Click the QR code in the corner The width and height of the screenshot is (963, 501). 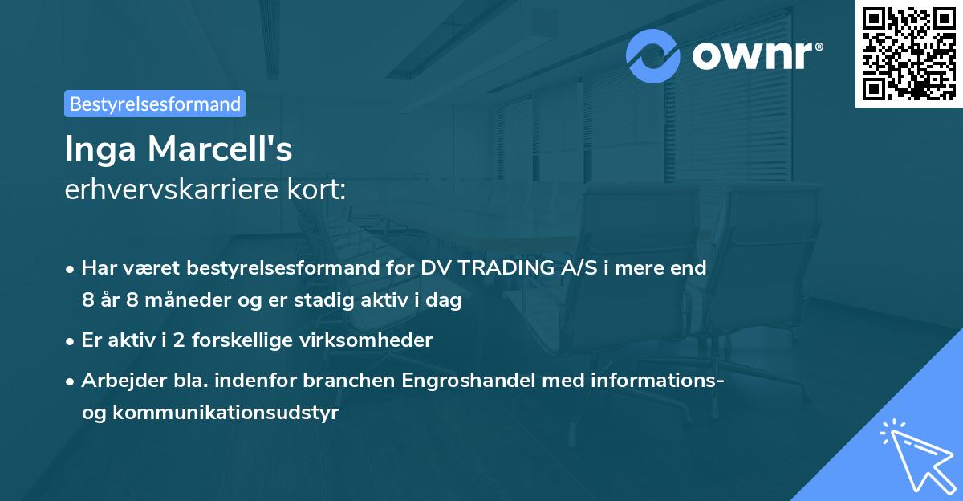pos(908,54)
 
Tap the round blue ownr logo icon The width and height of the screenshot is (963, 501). pos(653,55)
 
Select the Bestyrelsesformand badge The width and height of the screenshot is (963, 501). pos(155,104)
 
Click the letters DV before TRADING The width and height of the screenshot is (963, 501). pos(434,268)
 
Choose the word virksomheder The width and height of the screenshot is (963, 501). pos(377,340)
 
